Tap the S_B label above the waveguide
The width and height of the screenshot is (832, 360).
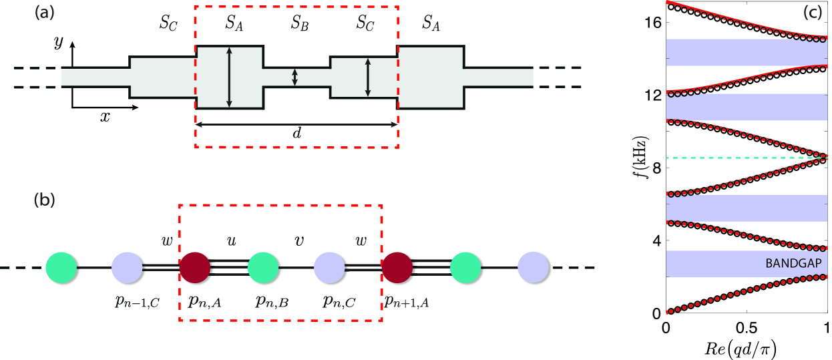(x=298, y=25)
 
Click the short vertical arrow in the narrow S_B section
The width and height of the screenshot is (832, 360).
(x=294, y=77)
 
